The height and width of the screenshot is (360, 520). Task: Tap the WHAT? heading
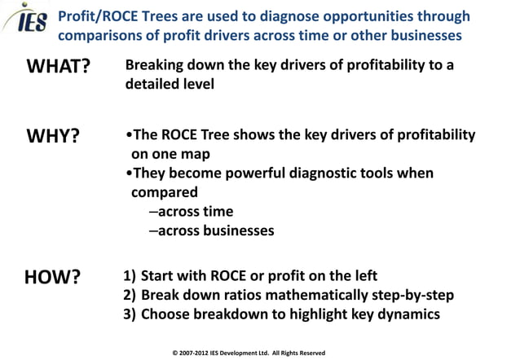[58, 67]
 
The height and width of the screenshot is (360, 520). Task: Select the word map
[196, 154]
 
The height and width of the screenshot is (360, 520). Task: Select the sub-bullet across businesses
[211, 230]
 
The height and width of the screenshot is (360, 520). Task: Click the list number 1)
[130, 276]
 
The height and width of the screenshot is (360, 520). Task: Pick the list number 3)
[130, 314]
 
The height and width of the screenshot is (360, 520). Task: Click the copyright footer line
[249, 353]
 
